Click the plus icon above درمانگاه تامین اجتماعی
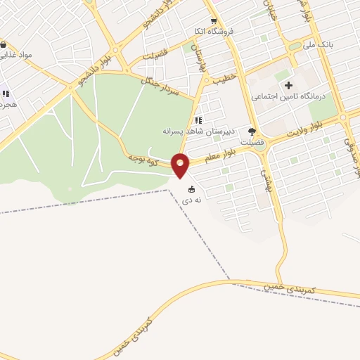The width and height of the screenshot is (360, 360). tap(288, 85)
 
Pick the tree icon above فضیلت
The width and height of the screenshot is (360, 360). tap(252, 131)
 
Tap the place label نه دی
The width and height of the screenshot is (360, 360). tap(193, 200)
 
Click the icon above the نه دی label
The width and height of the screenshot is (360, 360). tap(191, 188)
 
